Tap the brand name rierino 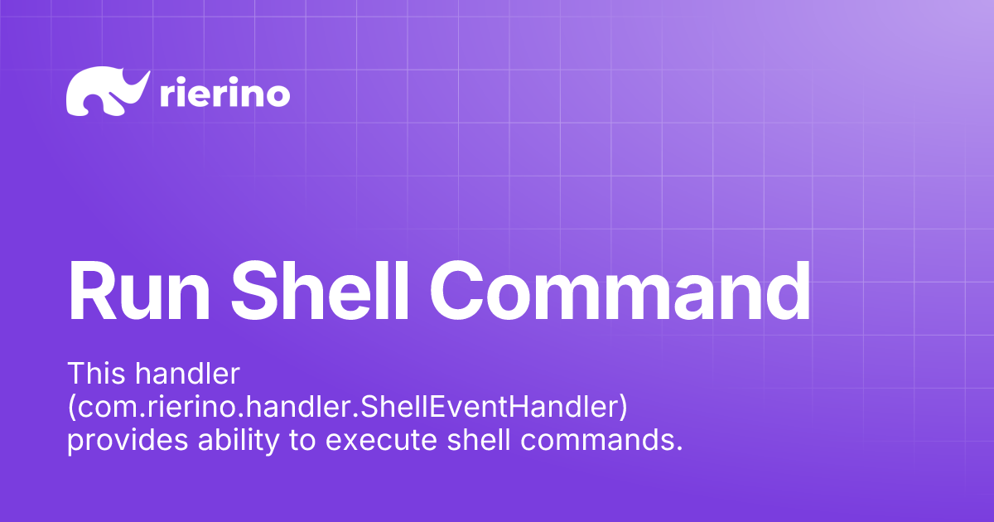point(223,94)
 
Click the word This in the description point(95,374)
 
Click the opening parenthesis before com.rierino point(71,408)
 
